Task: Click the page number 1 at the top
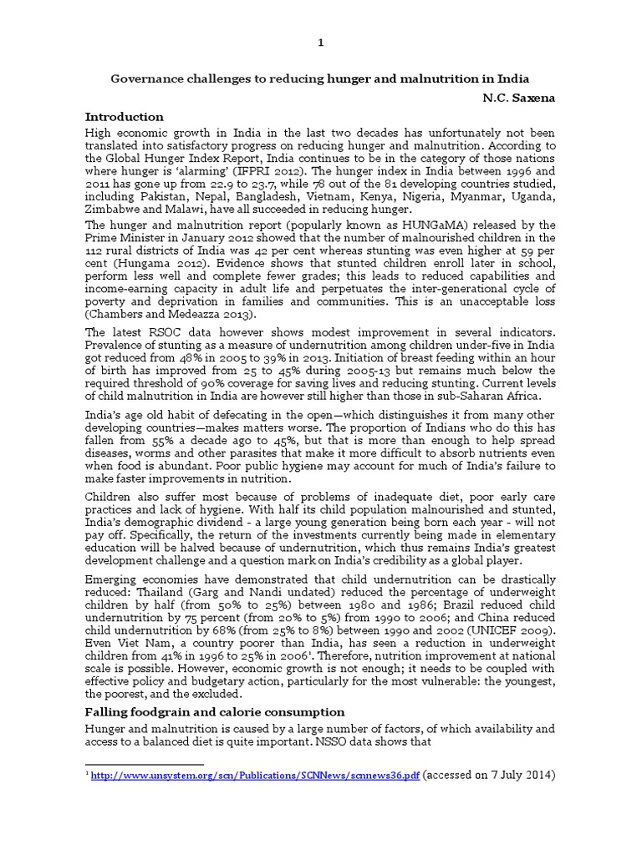(321, 43)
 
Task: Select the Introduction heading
(125, 117)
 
